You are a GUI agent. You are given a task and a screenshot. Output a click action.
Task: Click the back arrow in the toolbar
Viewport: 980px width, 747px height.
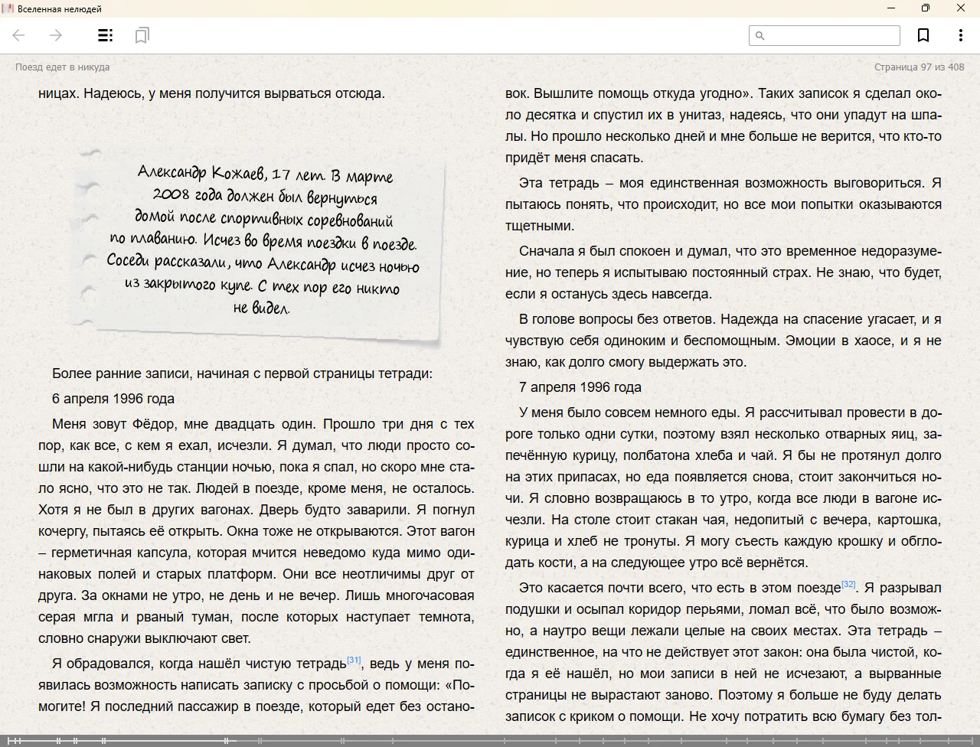(19, 35)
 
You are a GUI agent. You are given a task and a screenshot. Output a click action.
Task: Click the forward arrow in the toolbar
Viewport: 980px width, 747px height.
(56, 35)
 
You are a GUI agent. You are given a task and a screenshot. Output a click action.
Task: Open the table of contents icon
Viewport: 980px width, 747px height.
(106, 35)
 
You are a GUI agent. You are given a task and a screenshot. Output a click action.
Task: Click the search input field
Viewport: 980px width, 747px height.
(831, 35)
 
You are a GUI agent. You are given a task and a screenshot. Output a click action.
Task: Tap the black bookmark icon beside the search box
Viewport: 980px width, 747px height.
(923, 35)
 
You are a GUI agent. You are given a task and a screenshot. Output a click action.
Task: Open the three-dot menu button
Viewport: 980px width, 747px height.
(960, 35)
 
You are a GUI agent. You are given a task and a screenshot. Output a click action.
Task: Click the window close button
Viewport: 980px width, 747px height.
(960, 8)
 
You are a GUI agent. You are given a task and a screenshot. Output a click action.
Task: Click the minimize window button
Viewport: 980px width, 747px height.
(891, 8)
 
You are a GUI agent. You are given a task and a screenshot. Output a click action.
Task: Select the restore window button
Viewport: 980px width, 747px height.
(926, 8)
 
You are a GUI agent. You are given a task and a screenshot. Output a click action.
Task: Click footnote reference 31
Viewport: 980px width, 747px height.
(354, 660)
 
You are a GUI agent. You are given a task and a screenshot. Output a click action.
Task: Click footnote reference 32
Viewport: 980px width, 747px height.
(848, 584)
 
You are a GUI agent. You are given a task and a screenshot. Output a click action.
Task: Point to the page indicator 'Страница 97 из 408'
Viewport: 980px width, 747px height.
(919, 67)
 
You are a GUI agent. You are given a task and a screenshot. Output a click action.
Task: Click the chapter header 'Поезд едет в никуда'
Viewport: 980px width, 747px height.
(62, 67)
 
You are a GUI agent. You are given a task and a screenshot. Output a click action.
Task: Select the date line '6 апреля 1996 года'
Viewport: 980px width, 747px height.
(113, 399)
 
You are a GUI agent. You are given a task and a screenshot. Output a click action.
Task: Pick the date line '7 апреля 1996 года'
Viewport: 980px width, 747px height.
(580, 387)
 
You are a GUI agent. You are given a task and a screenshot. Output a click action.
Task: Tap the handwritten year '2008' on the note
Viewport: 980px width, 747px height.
(171, 194)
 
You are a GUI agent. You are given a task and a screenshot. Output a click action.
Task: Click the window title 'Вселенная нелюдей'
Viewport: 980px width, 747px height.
(60, 8)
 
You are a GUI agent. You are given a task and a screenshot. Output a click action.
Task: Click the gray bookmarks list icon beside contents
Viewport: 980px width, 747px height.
(142, 35)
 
